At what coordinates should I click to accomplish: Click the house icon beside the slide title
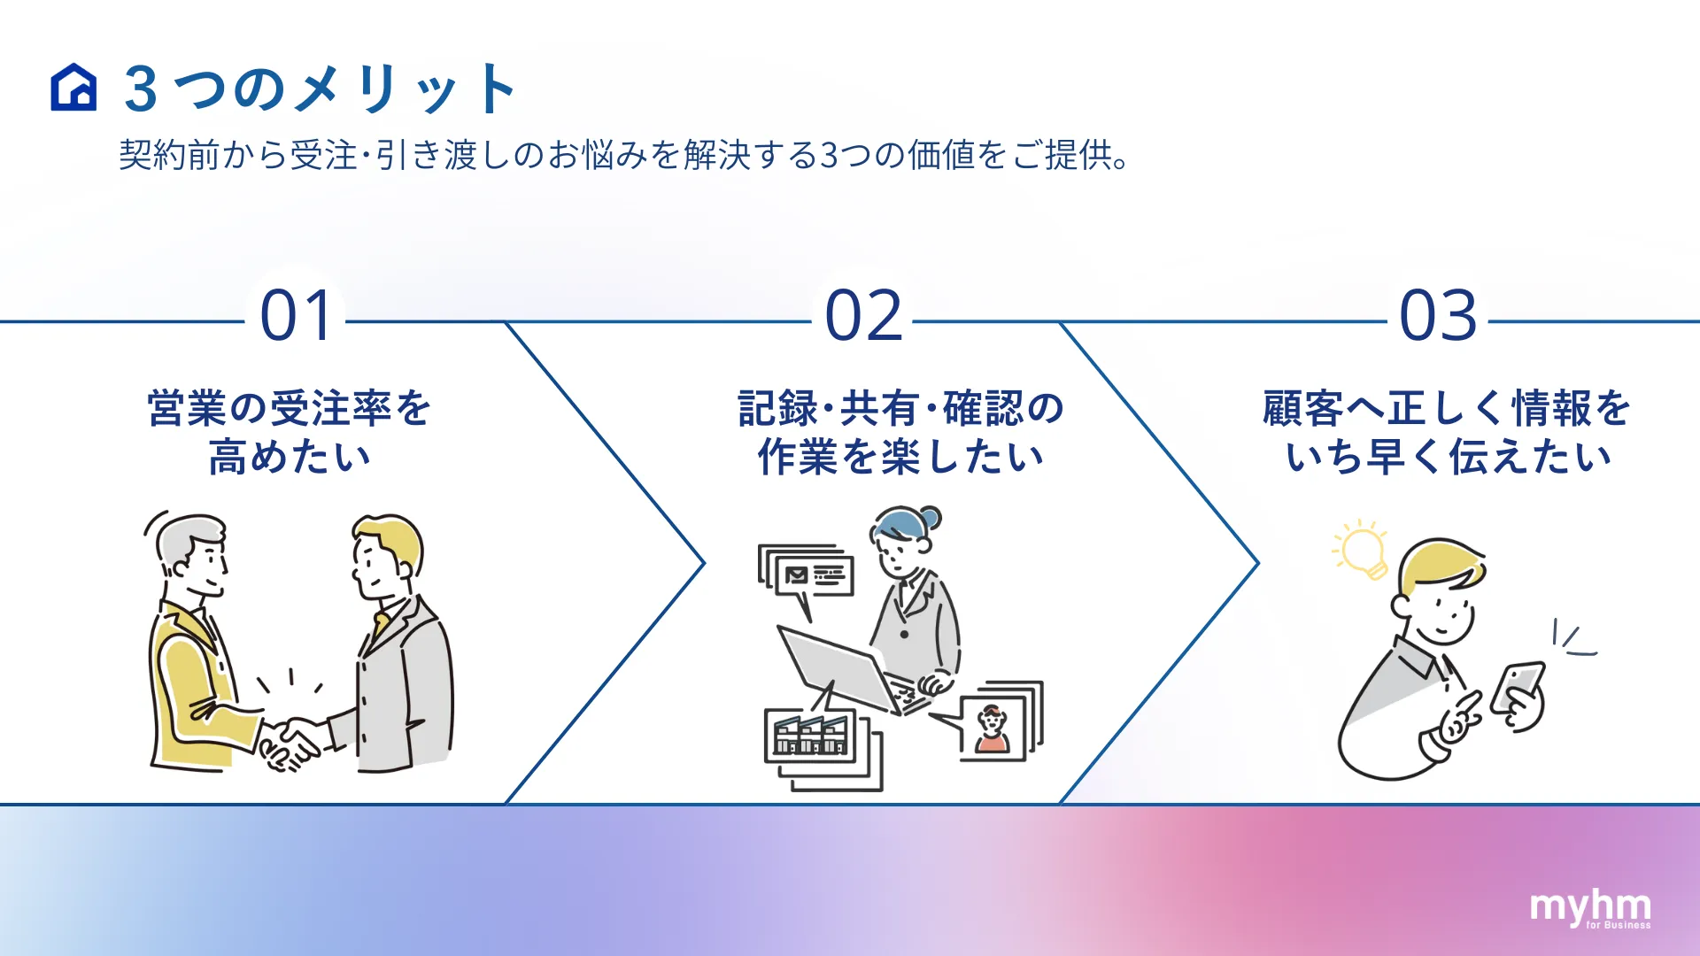(73, 88)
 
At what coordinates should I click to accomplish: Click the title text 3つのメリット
(320, 89)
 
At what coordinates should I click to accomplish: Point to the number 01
(297, 316)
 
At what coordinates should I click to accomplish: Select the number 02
(863, 316)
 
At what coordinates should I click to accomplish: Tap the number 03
(1438, 316)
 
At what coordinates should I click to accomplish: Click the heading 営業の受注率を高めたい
(290, 433)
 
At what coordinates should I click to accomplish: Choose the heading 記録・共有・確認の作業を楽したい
(900, 433)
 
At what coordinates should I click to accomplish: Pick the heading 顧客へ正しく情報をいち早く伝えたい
(1447, 433)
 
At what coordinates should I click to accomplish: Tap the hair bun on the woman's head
(930, 517)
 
